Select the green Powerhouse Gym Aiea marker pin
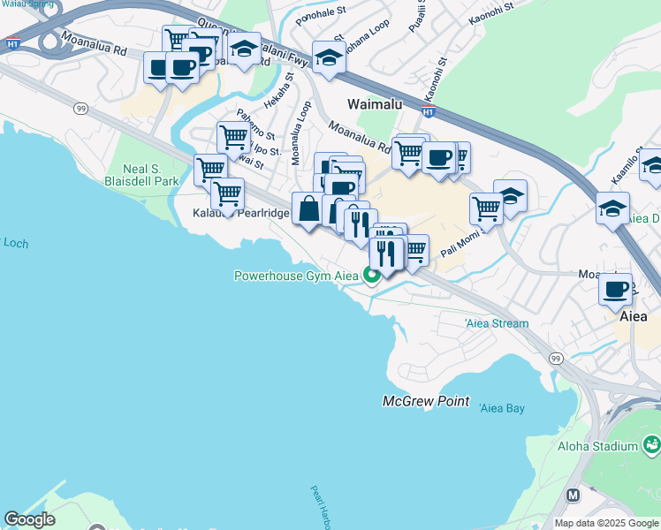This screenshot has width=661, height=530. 372,275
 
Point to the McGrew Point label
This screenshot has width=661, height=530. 426,401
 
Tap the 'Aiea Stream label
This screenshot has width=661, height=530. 497,323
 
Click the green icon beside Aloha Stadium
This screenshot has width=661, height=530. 652,443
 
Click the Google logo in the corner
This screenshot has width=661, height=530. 29,520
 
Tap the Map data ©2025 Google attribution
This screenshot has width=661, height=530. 606,523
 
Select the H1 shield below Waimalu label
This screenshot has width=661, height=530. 429,111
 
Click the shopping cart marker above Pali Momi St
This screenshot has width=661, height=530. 486,208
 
